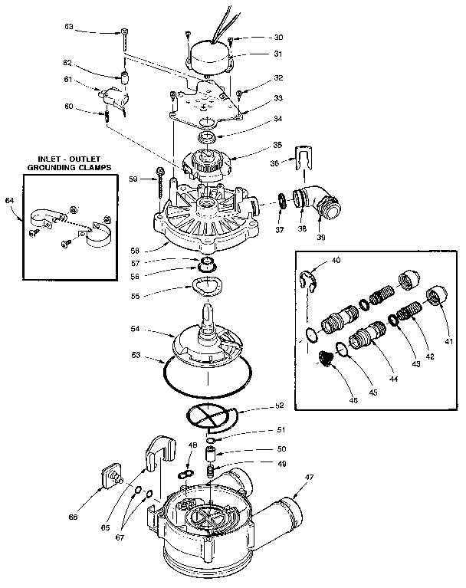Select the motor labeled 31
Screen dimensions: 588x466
pos(210,54)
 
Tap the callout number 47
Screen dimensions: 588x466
pos(309,478)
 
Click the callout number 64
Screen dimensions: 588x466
pos(10,200)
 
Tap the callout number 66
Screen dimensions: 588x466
pos(72,517)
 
